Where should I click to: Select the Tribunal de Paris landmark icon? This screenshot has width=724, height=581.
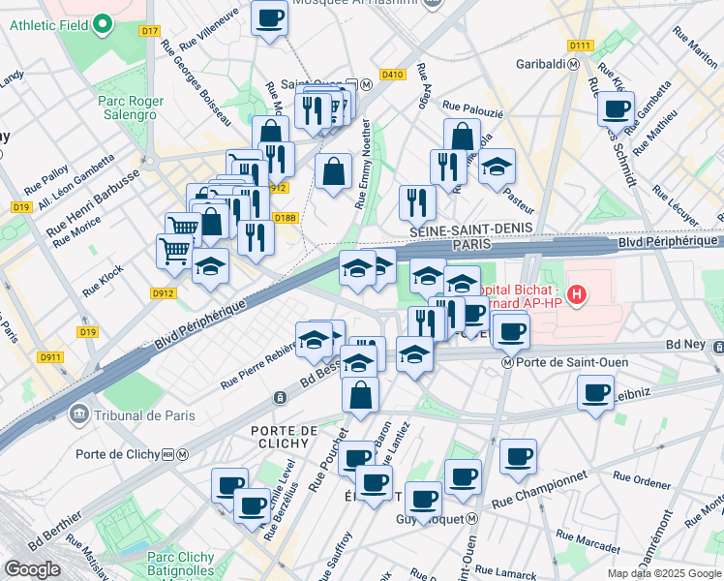pos(78,415)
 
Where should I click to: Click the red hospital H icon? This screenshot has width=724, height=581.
pos(577,293)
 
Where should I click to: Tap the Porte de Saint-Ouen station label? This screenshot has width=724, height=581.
pos(566,363)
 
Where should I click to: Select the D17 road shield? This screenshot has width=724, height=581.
pos(148,31)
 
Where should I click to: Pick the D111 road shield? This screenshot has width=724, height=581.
pos(580,46)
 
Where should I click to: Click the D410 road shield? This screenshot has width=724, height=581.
pos(392,75)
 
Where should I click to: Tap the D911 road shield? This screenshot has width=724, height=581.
pos(50,358)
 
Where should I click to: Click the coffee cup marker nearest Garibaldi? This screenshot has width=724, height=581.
pos(615,109)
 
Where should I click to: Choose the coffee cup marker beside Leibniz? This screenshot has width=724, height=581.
pos(595,393)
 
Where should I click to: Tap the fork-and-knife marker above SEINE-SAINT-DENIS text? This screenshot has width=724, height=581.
pos(417,202)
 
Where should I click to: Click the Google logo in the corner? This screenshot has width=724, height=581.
pos(32,568)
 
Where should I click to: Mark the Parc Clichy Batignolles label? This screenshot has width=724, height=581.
pos(181,564)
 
